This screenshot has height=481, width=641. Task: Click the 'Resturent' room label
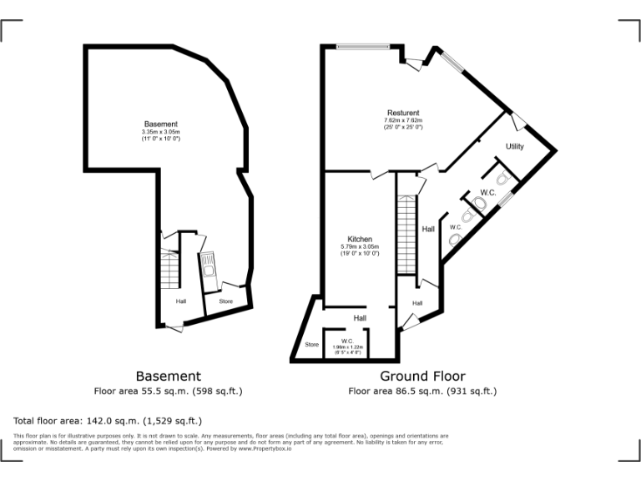(x=402, y=113)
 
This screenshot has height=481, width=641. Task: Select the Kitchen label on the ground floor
(x=360, y=240)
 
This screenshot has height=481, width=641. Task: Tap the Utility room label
(x=515, y=147)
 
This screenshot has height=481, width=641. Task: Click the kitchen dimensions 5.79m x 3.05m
(x=360, y=247)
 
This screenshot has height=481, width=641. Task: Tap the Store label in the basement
(x=225, y=301)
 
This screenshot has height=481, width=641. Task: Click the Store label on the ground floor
(x=311, y=344)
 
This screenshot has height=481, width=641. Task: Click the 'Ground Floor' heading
(x=422, y=377)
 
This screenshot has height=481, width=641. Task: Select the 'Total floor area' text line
(x=108, y=421)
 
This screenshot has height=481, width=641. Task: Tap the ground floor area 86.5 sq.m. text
(x=422, y=391)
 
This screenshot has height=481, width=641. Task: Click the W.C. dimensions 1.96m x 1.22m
(x=346, y=350)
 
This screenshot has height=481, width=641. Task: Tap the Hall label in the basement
(x=180, y=301)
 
